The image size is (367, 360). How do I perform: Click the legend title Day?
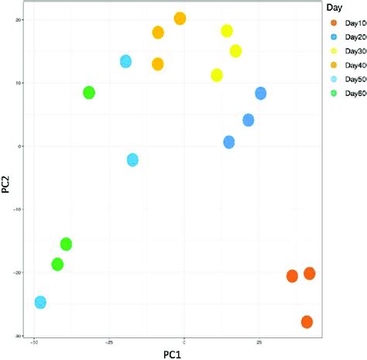tap(334, 7)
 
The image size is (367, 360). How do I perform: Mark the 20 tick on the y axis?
tap(19, 20)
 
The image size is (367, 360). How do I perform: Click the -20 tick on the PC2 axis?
tap(17, 273)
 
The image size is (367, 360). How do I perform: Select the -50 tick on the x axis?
tap(33, 341)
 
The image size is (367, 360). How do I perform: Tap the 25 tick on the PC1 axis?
tap(259, 341)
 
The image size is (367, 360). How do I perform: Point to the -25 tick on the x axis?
tap(109, 341)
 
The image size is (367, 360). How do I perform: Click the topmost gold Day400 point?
tap(180, 19)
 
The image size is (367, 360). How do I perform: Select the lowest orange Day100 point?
tap(307, 321)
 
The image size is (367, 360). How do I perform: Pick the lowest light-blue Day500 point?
tap(40, 302)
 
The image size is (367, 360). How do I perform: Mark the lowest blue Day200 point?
tap(229, 142)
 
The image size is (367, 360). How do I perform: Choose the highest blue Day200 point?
tap(261, 94)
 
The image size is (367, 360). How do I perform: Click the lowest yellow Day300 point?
tap(217, 75)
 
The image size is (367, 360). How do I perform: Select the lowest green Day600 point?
tap(57, 265)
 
